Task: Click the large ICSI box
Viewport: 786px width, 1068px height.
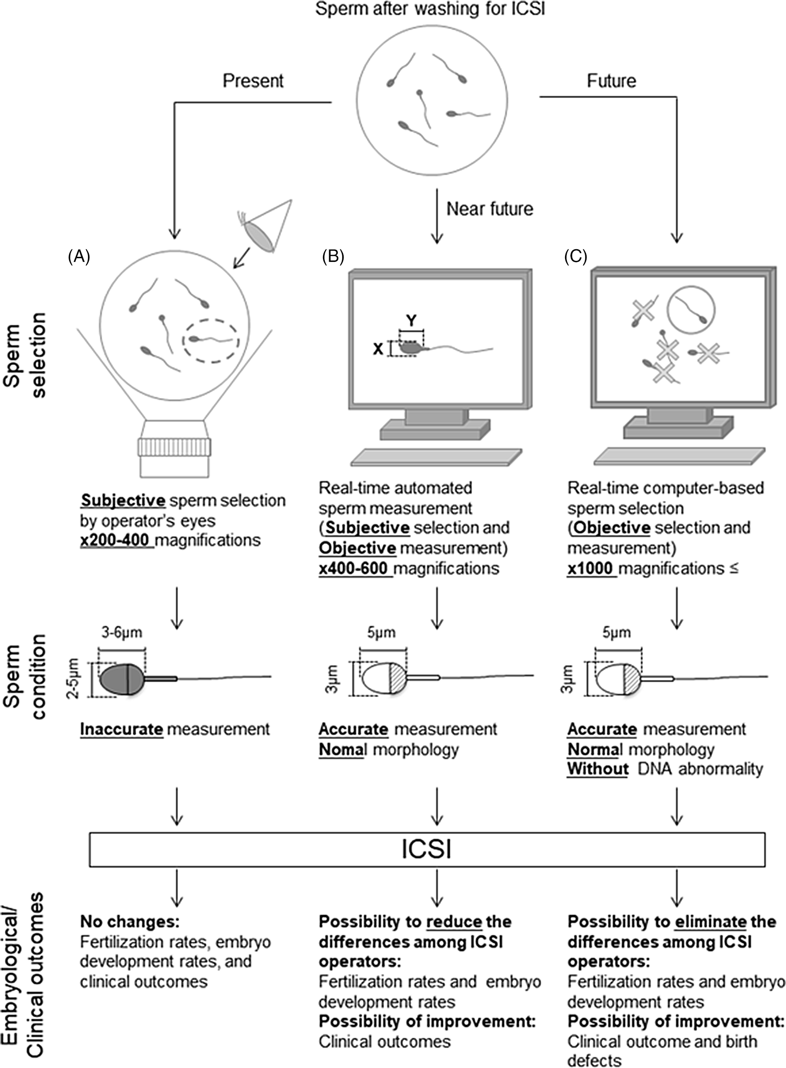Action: [x=427, y=849]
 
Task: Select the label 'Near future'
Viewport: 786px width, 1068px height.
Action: [x=490, y=209]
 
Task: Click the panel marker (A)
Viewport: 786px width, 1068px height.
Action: [x=79, y=257]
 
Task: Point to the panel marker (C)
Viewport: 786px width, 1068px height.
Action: [x=576, y=257]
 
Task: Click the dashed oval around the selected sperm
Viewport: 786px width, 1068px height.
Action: [x=212, y=340]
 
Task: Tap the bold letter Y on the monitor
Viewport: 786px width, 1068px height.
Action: [x=411, y=321]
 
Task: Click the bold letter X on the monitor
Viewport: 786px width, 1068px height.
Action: [x=378, y=349]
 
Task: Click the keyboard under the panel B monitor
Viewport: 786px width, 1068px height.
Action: [x=436, y=457]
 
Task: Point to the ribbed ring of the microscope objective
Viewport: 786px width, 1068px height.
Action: [x=175, y=447]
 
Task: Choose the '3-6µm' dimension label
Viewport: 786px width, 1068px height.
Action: [x=122, y=633]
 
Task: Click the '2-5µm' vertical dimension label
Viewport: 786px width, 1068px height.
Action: [x=74, y=678]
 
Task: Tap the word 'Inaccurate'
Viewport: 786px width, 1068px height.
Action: [x=122, y=729]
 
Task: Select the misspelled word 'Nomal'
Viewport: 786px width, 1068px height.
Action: [x=340, y=749]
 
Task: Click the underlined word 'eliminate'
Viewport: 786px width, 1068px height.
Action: [x=711, y=922]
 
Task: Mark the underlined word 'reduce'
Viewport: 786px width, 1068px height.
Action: [x=455, y=922]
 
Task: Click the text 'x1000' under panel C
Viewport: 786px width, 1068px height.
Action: [x=590, y=569]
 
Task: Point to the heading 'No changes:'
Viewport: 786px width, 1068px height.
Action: [x=129, y=922]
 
